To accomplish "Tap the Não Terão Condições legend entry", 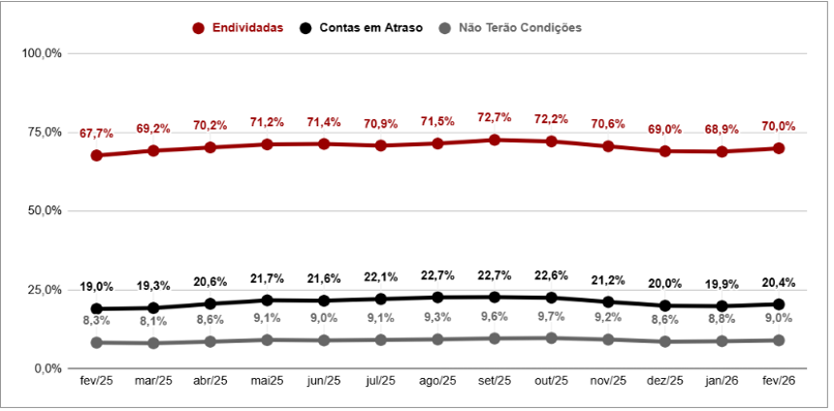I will coord(518,28).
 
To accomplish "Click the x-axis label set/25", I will coord(495,382).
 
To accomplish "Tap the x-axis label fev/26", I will coord(779,382).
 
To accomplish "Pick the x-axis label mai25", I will coord(267,382).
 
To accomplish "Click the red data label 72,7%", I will coord(495,117).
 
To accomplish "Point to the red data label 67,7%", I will coord(97,133).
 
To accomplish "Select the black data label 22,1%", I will coord(381,278).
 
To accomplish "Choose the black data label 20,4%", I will coord(779,283).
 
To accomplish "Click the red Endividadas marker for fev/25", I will coord(97,155).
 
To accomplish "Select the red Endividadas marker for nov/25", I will coord(608,146).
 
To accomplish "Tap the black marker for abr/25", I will coord(210,303).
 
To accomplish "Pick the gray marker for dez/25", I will coord(665,341).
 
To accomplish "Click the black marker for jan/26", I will coord(722,306).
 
